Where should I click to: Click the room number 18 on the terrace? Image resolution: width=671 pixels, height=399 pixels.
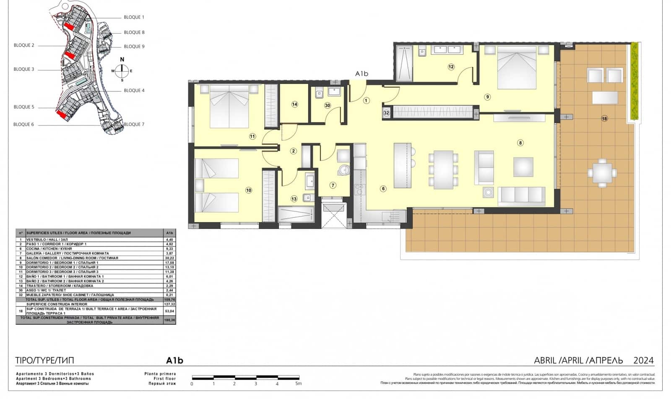tap(604, 119)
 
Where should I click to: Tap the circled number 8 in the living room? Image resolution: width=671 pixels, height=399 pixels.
tap(520, 143)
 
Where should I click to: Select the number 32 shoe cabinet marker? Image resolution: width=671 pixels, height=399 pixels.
tap(386, 113)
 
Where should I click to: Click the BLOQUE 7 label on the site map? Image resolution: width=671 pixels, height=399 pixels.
tap(134, 124)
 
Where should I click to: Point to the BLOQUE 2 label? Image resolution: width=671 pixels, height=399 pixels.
tap(24, 45)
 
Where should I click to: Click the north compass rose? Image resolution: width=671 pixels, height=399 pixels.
tap(122, 70)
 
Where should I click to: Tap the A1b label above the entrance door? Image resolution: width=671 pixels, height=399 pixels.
tap(362, 74)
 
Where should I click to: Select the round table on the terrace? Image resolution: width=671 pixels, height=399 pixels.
tap(602, 172)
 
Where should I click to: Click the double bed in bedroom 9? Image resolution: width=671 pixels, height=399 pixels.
tap(517, 69)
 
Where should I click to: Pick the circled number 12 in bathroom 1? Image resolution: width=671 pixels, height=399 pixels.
tap(451, 67)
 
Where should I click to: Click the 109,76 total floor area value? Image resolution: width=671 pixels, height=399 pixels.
tap(169, 300)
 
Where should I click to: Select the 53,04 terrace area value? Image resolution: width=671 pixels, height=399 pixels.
tap(169, 311)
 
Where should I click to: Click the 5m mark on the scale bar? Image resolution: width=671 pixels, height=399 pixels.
tap(298, 383)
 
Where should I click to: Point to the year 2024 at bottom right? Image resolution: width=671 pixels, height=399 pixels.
tap(643, 360)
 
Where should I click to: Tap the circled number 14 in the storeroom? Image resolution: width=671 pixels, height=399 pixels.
tap(294, 104)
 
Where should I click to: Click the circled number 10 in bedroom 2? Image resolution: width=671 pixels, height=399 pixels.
tap(249, 190)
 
